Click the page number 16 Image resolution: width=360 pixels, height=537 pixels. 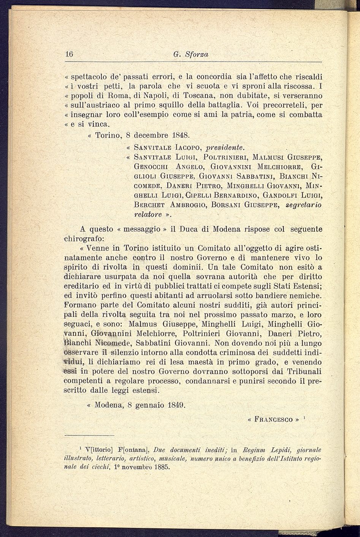(69, 54)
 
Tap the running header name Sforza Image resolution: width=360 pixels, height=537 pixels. (197, 54)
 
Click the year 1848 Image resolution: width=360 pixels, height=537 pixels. (181, 135)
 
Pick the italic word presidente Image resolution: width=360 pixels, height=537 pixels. (224, 147)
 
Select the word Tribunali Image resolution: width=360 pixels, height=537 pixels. (302, 371)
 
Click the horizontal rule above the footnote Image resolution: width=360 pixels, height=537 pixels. (89, 435)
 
